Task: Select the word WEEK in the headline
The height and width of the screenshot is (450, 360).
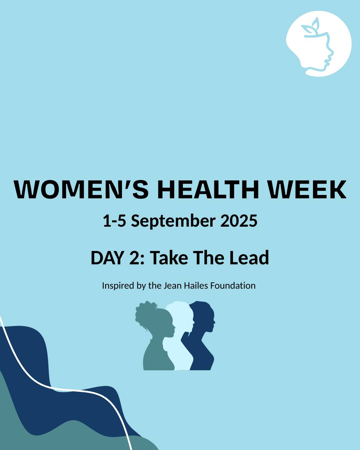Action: point(307,189)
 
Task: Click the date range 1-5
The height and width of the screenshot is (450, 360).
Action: point(114,221)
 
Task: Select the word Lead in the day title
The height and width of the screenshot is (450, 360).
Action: point(252,258)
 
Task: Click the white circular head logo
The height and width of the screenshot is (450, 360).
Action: point(319,44)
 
